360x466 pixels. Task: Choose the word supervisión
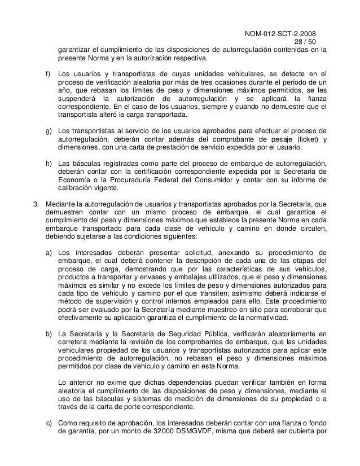click(x=109, y=302)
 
